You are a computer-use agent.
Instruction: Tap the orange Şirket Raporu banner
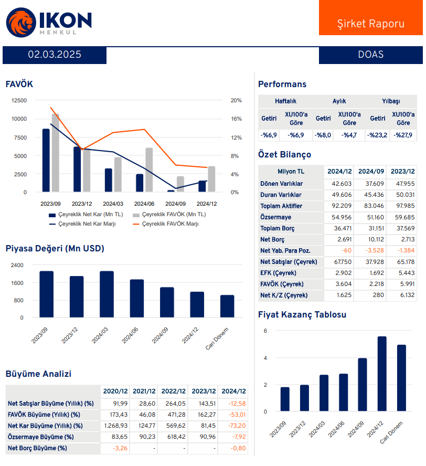point(370,24)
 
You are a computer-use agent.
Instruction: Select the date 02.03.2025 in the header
point(55,55)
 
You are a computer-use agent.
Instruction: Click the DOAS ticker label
point(370,55)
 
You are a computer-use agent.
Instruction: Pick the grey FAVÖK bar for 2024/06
point(149,170)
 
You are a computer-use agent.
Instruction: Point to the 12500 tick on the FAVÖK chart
point(19,100)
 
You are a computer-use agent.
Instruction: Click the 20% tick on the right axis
point(236,100)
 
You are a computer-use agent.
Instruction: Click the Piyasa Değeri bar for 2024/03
point(107,294)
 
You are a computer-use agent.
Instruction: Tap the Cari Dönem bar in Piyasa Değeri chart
point(227,306)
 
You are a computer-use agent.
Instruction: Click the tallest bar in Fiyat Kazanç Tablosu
point(382,374)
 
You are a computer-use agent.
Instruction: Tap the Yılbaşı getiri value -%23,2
point(377,135)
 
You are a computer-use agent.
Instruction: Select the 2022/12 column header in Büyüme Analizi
point(173,391)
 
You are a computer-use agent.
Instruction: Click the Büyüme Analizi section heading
point(38,374)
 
